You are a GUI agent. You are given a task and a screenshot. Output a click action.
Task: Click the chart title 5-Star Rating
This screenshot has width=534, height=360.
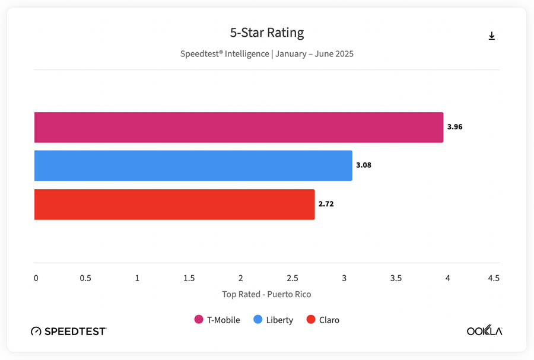(x=266, y=33)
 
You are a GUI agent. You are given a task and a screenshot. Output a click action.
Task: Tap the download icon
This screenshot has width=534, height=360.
(x=491, y=36)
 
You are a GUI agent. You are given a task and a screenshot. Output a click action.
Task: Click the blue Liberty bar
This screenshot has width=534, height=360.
(x=193, y=165)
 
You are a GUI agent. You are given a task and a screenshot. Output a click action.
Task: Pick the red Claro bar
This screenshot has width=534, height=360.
(x=174, y=204)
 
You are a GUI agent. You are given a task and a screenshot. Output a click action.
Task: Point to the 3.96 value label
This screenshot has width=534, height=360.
(x=454, y=127)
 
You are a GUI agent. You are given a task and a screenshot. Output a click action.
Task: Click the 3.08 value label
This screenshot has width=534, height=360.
(x=363, y=165)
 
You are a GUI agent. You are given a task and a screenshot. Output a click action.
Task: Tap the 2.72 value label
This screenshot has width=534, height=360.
(x=326, y=204)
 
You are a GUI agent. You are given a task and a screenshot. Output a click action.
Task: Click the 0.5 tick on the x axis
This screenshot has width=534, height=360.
(x=85, y=278)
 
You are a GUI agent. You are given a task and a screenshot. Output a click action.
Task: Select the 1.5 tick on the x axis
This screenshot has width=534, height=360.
(x=189, y=278)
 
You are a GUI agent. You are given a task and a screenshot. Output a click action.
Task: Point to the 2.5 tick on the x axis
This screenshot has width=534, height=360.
(x=292, y=278)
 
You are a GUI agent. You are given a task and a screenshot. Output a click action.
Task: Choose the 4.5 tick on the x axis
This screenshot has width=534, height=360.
(x=493, y=278)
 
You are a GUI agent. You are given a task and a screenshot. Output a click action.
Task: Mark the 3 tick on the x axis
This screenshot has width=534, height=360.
(x=344, y=278)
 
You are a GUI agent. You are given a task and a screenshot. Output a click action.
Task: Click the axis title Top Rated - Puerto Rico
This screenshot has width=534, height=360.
(x=266, y=294)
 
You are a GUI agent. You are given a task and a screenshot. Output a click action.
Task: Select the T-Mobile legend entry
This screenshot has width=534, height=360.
(x=217, y=320)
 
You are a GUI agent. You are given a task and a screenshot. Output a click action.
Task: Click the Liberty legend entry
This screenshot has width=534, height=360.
(x=274, y=320)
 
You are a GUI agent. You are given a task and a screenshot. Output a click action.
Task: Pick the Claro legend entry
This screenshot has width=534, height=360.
(x=323, y=320)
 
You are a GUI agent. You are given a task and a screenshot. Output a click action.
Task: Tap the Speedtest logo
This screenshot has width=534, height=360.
(x=68, y=331)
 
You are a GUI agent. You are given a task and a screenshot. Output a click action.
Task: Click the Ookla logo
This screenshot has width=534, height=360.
(x=484, y=331)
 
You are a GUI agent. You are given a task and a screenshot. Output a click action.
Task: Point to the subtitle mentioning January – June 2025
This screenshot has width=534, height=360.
(x=266, y=54)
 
